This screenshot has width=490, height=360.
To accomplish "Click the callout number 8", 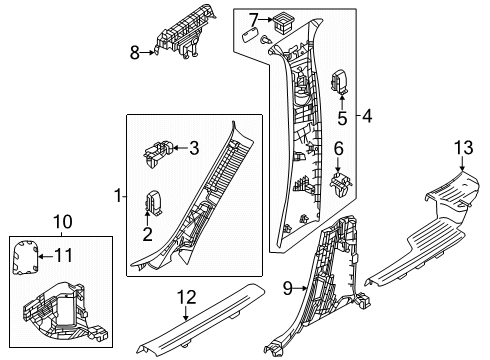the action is click(x=135, y=53).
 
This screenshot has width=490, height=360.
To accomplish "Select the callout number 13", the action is click(x=463, y=148).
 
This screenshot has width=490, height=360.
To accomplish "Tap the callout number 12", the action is click(x=186, y=297).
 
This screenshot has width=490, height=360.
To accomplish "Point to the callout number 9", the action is click(x=287, y=288).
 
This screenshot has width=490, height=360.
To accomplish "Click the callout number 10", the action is click(x=62, y=222).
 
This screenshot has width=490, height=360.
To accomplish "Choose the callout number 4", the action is click(x=367, y=116).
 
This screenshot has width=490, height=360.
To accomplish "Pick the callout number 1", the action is click(x=118, y=196).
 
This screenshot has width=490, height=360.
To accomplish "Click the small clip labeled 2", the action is click(x=153, y=202).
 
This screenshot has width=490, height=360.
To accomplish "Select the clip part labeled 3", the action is click(x=158, y=153).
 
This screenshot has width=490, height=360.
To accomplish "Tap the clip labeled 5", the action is click(x=339, y=81).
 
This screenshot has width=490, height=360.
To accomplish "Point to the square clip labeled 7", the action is click(x=282, y=22).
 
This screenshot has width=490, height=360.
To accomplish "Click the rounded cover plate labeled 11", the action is click(x=25, y=257).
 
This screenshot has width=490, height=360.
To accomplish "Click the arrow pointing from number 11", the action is click(x=45, y=256).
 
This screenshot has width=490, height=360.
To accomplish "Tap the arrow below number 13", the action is click(x=463, y=164).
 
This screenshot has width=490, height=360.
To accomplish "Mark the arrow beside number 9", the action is click(x=300, y=288).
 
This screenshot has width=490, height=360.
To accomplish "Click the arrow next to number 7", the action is click(x=266, y=20).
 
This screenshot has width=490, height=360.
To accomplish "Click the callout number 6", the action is click(x=338, y=149).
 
